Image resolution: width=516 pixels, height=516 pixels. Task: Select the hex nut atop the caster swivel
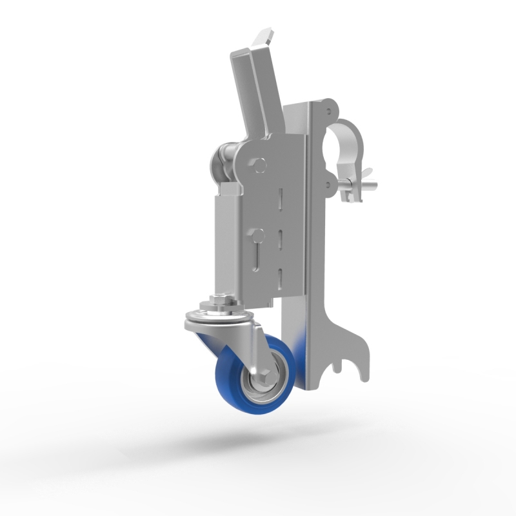[220, 300]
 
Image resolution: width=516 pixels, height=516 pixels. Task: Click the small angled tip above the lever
[264, 35]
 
